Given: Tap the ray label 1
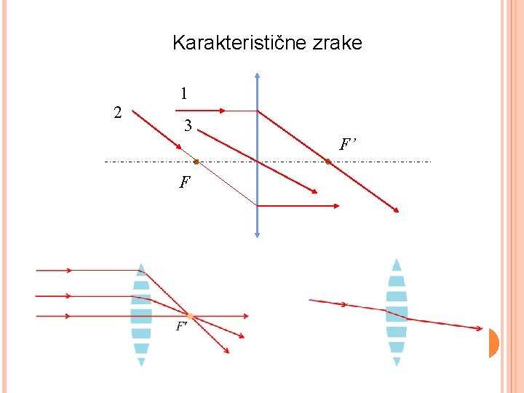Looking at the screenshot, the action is [x=185, y=94].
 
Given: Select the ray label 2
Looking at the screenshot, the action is [x=117, y=112].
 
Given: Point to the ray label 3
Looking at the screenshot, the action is [x=188, y=127].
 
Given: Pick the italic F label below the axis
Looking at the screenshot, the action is [x=185, y=181].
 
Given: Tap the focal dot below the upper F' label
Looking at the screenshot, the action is [x=328, y=162].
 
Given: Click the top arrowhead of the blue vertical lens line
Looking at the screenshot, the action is [x=258, y=76].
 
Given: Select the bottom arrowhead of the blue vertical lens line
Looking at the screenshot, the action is [x=258, y=234].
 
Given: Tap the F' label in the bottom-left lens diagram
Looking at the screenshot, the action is [x=181, y=327].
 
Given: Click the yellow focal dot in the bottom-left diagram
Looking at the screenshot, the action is [x=190, y=317].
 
